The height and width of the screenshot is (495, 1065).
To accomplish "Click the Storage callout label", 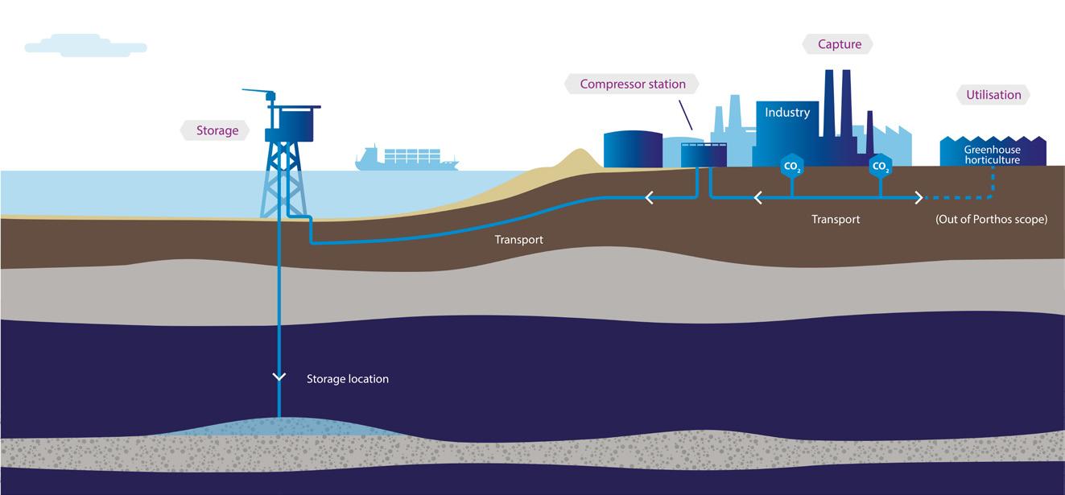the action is tap(217, 130).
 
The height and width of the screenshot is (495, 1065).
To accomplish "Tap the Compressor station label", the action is tap(632, 85).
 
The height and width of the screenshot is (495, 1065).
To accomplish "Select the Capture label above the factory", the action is tap(839, 44).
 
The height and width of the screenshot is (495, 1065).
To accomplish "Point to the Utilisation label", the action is tap(993, 95).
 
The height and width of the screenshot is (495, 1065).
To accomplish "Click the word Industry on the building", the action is tap(787, 112).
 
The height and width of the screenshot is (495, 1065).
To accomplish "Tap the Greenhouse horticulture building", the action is tap(993, 151).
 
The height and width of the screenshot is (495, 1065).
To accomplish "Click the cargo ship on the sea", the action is tap(407, 159).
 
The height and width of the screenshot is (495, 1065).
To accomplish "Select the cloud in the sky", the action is tap(85, 46).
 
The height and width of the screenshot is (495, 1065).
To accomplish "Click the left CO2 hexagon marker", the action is tap(792, 167).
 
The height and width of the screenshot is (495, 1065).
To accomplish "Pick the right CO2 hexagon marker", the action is tap(881, 167).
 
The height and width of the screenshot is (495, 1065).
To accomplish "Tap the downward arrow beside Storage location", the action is tap(279, 377).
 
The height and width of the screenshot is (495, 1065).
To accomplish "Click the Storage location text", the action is tap(348, 379).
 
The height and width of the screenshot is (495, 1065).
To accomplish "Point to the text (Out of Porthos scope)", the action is tap(991, 219).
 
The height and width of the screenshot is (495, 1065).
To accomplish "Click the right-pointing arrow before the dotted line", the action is tap(919, 198).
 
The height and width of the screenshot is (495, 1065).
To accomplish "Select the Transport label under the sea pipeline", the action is tap(518, 240).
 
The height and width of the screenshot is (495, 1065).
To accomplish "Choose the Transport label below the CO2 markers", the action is tap(836, 219).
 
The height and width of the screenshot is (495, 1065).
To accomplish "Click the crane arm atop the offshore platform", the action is tap(258, 91).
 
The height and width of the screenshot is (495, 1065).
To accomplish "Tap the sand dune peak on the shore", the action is tap(579, 151).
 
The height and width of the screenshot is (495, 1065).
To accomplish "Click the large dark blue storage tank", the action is tap(633, 150).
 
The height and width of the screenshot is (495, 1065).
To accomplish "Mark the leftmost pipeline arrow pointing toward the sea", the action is tap(650, 198).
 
